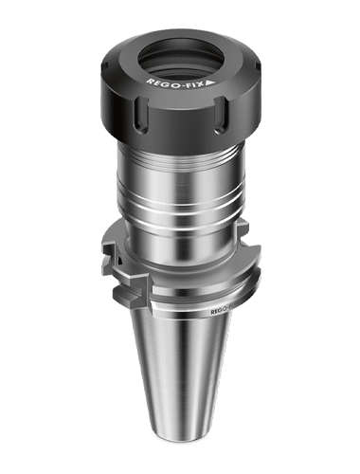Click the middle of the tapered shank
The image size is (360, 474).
point(180,379)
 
